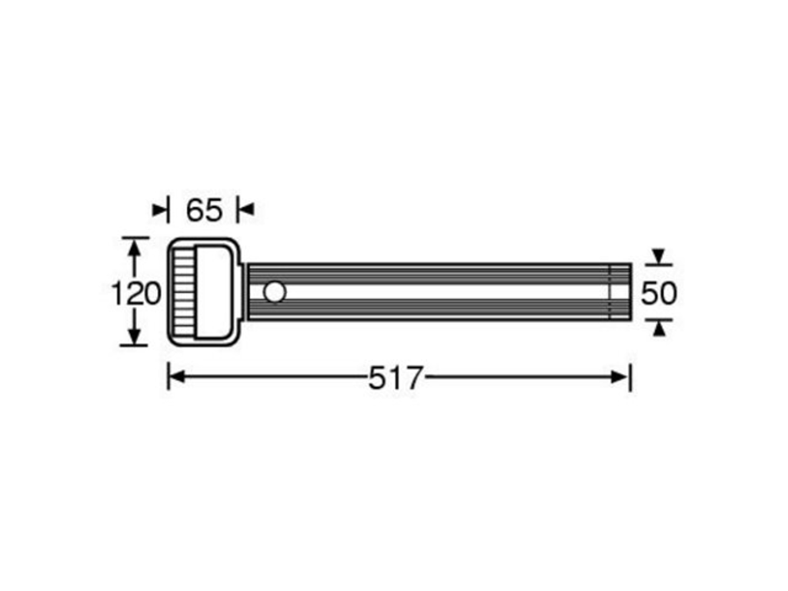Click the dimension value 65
[x=203, y=210]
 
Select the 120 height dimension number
[x=135, y=293]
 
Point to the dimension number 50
[x=659, y=293]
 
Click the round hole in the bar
[x=275, y=292]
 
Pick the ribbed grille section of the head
[x=183, y=292]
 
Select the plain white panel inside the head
[x=213, y=292]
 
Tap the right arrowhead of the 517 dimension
[x=620, y=376]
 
